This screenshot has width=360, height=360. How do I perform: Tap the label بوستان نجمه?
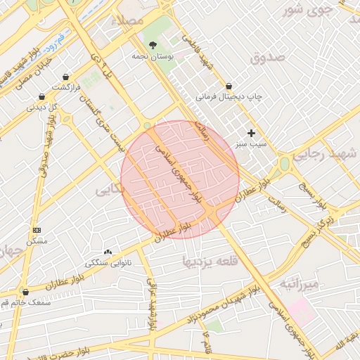pos(153,56)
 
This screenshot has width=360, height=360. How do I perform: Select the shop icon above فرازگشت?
pos(65,77)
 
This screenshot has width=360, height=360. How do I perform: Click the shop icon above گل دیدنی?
pos(41,97)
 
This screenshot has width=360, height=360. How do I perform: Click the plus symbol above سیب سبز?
pos(251,133)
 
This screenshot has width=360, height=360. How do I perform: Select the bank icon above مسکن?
pos(37,230)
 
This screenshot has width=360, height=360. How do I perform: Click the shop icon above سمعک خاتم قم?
pos(26,292)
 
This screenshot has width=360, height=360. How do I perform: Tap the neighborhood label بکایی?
pos(112,189)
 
